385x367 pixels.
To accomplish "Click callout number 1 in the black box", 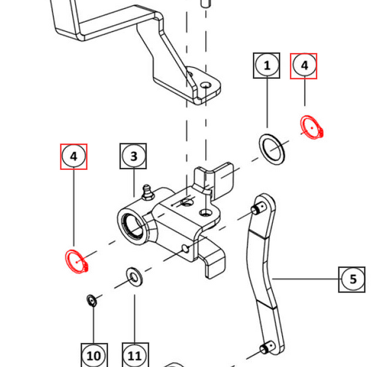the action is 267,66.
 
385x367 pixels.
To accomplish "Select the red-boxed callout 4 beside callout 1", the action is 304,66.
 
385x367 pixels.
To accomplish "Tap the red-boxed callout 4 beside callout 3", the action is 74,157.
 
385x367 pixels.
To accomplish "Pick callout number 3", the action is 133,156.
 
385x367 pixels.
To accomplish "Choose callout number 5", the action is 352,279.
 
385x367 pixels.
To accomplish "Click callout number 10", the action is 94,356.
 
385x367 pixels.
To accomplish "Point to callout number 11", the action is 135,356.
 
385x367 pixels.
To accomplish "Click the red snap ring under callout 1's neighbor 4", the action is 311,127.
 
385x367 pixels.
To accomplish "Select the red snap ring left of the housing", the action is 76,261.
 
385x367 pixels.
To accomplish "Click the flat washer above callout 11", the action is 134,277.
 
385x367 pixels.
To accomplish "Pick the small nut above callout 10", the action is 92,301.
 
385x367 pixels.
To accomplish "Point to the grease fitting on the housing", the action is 147,192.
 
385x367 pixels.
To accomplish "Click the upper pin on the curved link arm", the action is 258,208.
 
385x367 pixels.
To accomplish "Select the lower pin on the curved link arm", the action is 268,348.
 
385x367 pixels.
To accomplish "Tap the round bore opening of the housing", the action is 133,226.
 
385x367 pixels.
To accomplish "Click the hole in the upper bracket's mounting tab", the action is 206,86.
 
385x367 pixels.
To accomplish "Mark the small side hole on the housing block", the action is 185,249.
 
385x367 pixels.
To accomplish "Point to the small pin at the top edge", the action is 206,3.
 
